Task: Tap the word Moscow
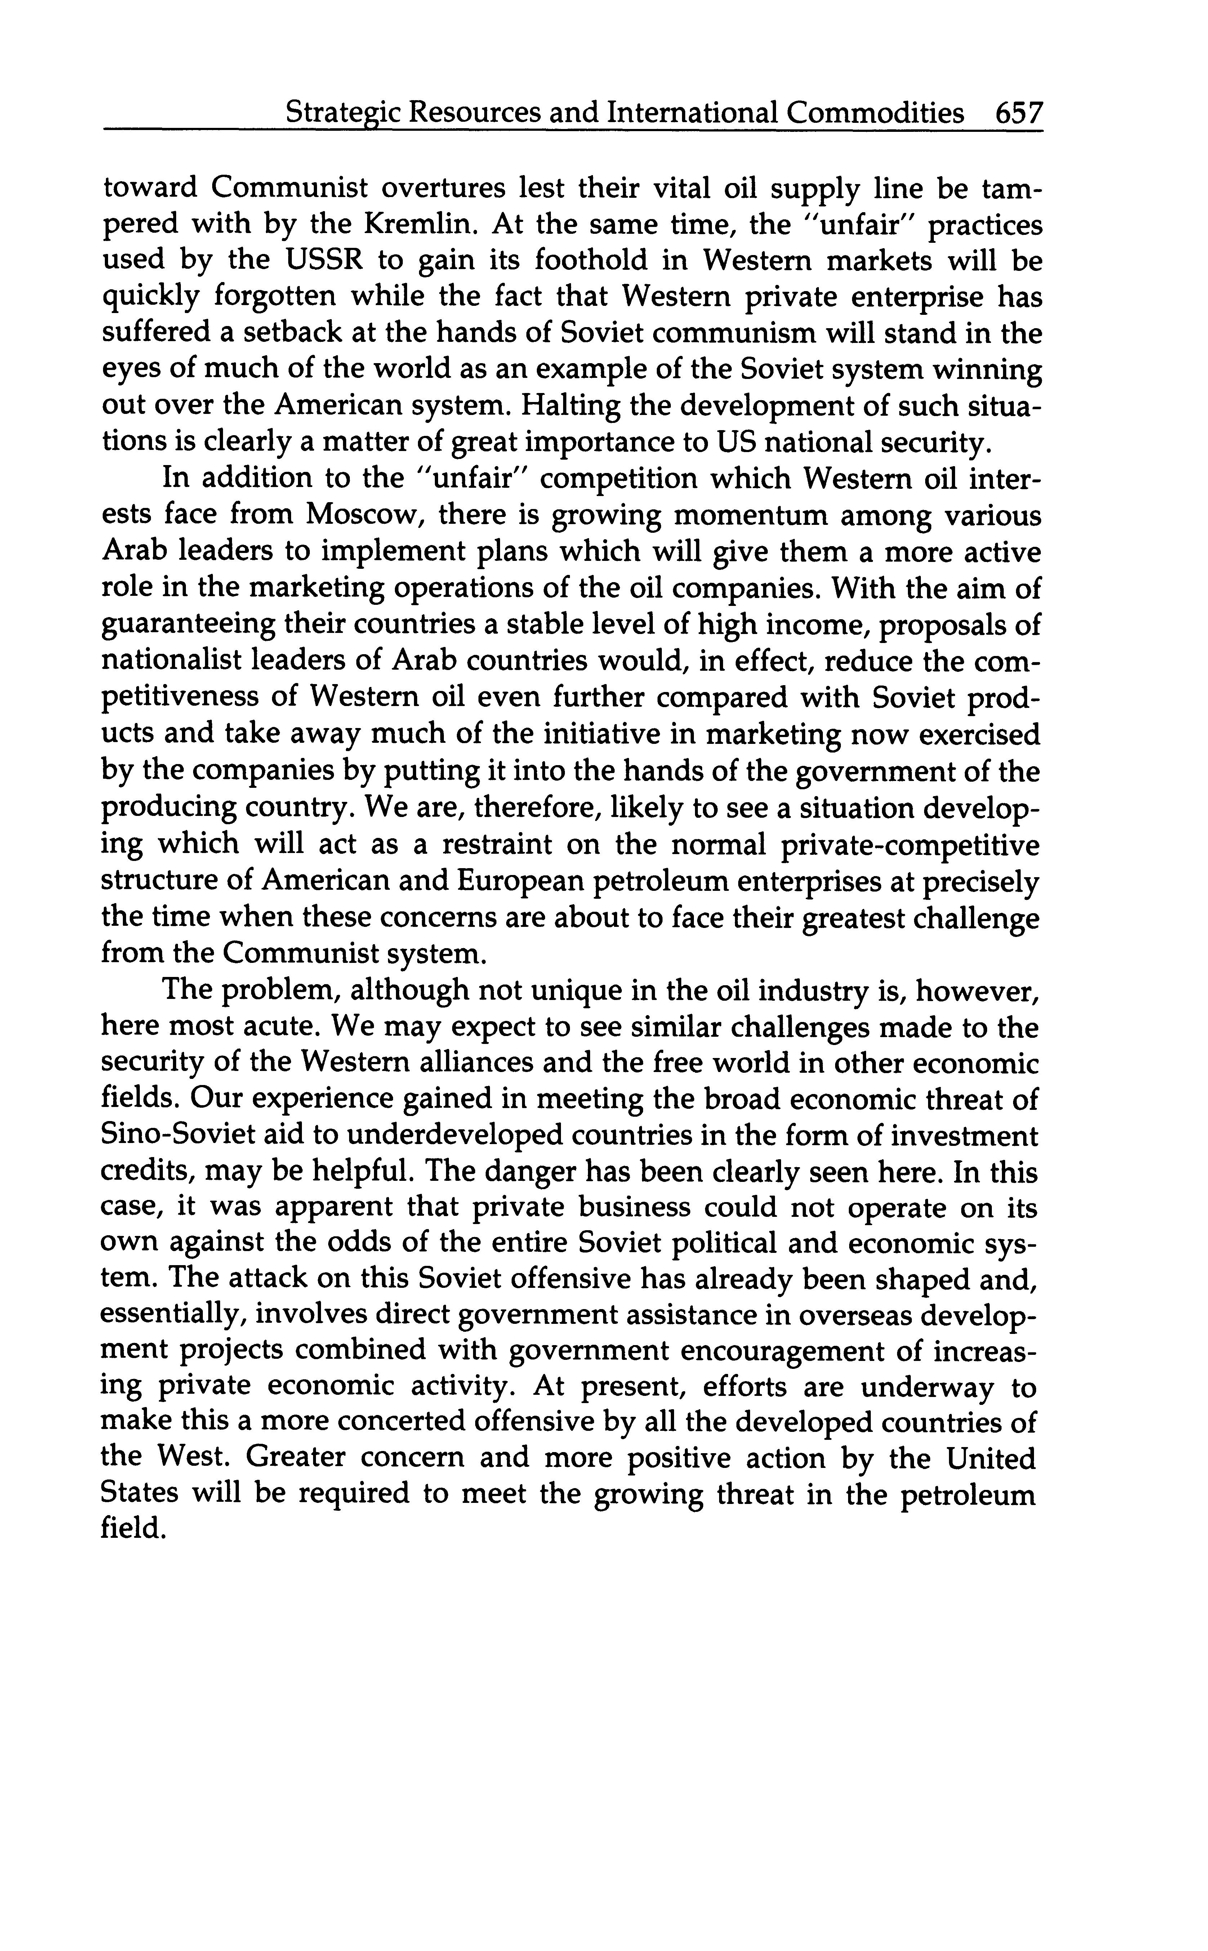click(x=360, y=515)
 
